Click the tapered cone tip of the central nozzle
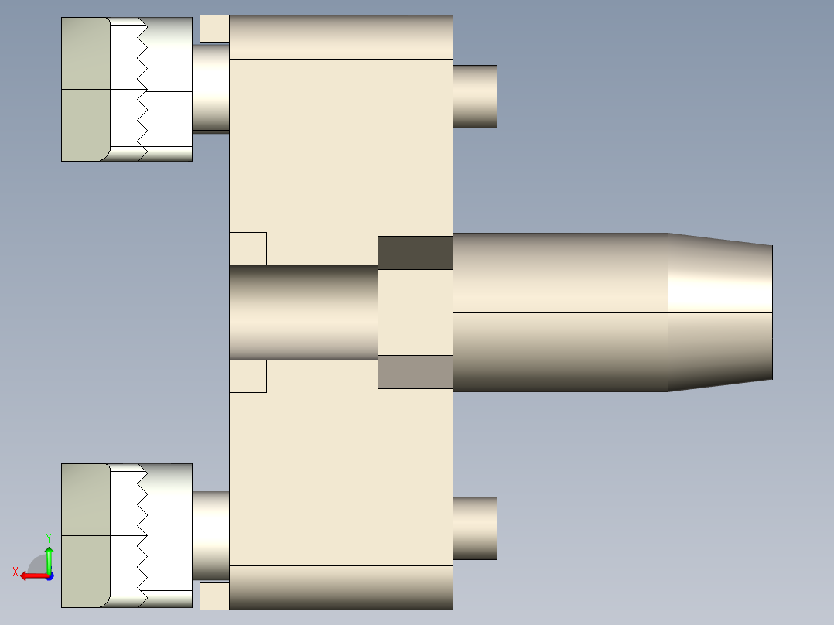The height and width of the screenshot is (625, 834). pos(719,312)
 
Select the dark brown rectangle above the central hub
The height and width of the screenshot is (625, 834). pos(415,253)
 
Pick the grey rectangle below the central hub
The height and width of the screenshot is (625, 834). pos(415,372)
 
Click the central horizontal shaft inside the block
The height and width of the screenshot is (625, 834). pos(303,312)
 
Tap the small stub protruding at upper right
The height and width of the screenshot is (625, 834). pos(474,97)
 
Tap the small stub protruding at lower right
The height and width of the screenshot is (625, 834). pos(474,528)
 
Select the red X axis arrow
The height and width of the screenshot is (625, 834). pos(31,575)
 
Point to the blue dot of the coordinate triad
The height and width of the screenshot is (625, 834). pos(49,575)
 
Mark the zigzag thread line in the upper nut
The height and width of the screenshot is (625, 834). pos(142,89)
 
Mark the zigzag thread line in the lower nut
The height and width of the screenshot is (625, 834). pos(142,535)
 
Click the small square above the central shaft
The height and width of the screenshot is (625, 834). pos(248,248)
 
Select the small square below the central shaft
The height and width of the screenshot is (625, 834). pos(248,376)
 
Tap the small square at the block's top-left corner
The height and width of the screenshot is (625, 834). pos(214,29)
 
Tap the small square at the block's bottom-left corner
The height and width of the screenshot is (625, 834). pos(214,596)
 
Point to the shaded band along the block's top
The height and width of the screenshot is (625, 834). pos(340,37)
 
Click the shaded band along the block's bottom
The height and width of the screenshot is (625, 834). pos(340,587)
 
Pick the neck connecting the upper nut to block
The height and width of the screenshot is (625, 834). pos(210,87)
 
